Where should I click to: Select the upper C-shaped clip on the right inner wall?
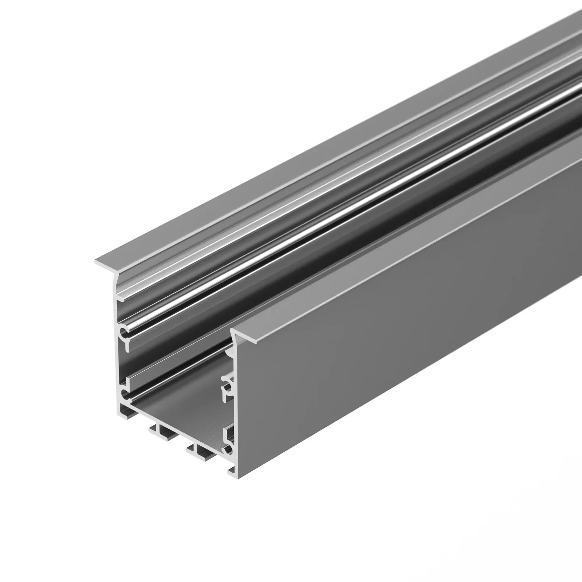[227, 384]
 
